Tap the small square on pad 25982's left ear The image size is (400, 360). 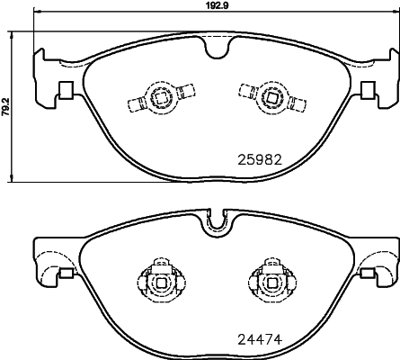pos(65,89)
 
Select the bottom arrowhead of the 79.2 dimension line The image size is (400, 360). pos(11,175)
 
